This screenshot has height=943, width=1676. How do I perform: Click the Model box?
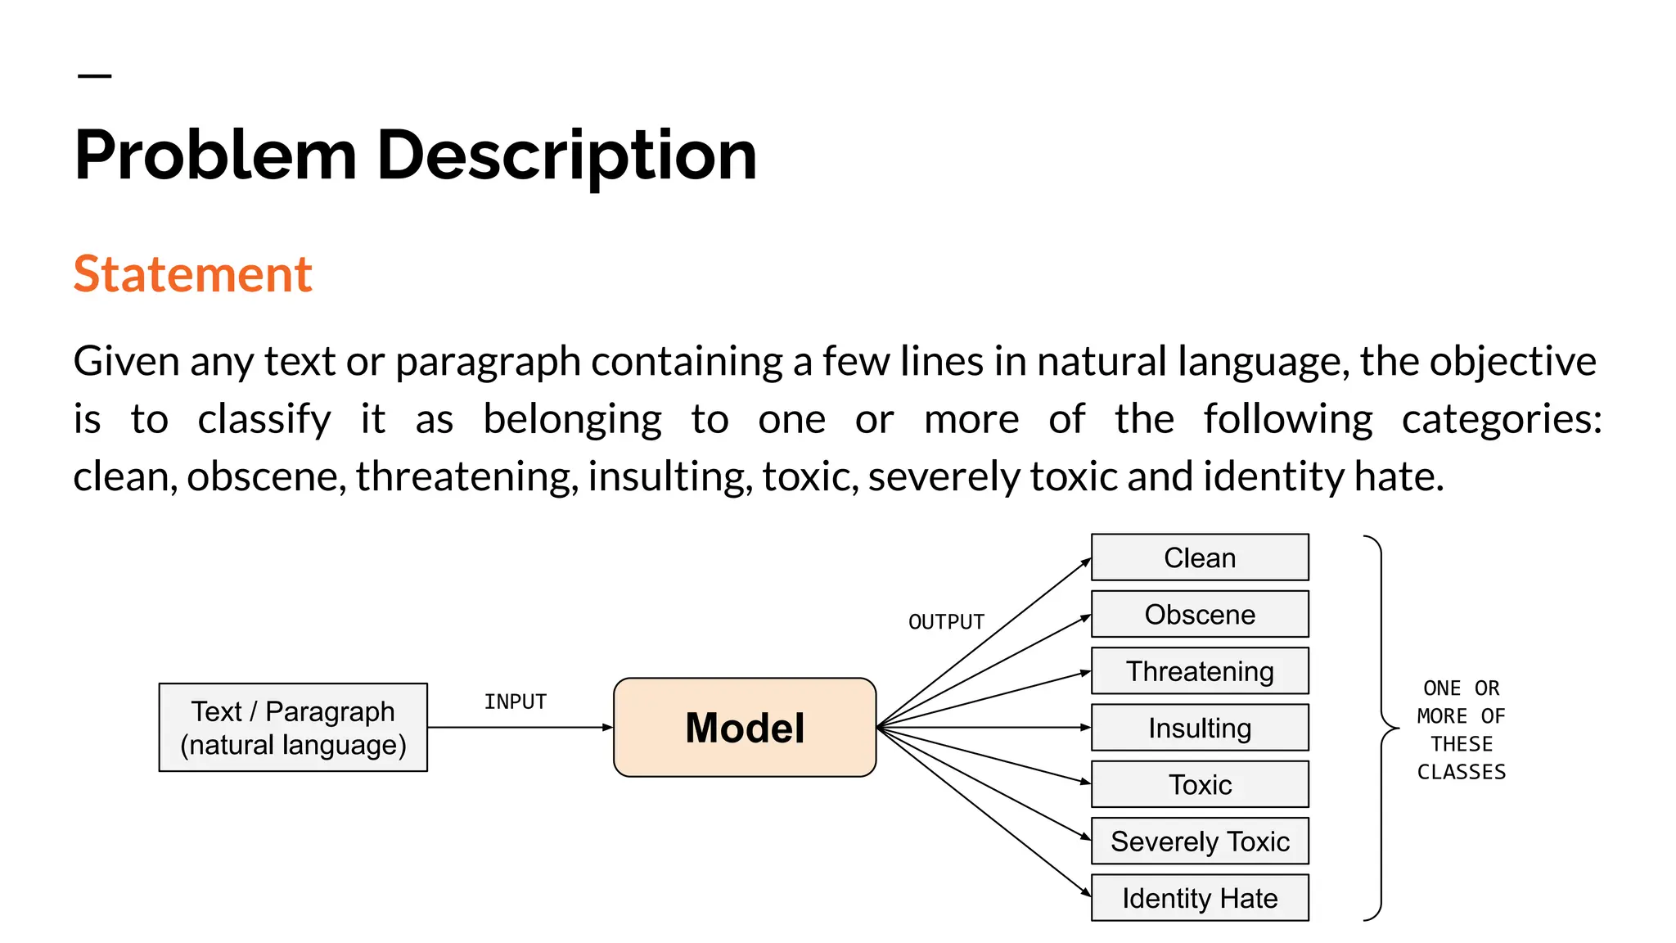tap(745, 727)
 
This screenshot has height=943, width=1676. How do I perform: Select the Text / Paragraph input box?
tap(293, 727)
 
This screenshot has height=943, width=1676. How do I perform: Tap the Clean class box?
tap(1200, 557)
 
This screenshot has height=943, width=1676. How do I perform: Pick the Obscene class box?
tap(1200, 614)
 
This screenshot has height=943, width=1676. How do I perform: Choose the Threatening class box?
tap(1200, 671)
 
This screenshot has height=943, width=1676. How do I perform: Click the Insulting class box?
tap(1200, 728)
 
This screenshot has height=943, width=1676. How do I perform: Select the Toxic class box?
tap(1200, 784)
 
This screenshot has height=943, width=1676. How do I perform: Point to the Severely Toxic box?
tap(1200, 841)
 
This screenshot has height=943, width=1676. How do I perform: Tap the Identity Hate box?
tap(1200, 898)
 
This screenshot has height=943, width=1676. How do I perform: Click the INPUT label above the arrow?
tap(515, 702)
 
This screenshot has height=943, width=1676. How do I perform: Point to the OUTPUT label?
tap(946, 622)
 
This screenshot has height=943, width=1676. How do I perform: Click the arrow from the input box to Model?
tap(520, 727)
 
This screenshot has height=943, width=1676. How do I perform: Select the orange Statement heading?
tap(193, 273)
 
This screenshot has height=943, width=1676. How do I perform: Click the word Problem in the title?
tap(216, 156)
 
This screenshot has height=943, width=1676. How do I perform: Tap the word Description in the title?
tap(566, 156)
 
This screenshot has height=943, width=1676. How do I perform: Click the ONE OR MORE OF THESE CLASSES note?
tap(1462, 729)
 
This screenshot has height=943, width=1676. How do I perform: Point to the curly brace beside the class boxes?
tap(1382, 728)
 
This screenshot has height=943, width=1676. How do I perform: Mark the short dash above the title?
tap(94, 76)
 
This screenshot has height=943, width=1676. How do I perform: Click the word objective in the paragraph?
tap(1512, 361)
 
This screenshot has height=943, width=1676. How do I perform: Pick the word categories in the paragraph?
tap(1501, 419)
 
